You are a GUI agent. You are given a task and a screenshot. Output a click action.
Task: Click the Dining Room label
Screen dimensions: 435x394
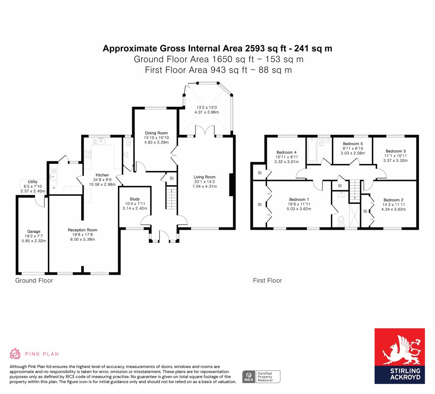pyautogui.click(x=156, y=133)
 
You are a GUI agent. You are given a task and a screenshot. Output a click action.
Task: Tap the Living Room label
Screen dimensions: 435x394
pyautogui.click(x=204, y=177)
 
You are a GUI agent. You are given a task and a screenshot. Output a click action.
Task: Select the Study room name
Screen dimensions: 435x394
pyautogui.click(x=135, y=199)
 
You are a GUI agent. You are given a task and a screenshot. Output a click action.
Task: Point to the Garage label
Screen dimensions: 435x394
pyautogui.click(x=34, y=231)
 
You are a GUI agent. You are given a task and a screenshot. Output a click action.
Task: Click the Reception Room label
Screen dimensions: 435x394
pyautogui.click(x=82, y=230)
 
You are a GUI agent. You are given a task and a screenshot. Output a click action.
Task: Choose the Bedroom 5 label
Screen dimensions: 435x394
pyautogui.click(x=353, y=144)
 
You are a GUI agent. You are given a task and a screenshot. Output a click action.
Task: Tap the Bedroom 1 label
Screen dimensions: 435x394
pyautogui.click(x=299, y=200)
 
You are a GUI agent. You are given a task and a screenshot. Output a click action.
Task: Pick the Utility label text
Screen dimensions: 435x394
pyautogui.click(x=33, y=182)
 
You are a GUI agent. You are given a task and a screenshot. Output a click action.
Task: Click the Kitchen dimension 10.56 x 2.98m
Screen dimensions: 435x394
pyautogui.click(x=102, y=184)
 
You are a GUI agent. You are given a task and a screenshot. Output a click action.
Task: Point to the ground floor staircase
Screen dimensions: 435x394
pyautogui.click(x=171, y=198)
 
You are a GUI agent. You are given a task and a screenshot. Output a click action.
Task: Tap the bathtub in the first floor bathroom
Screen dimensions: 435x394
pyautogui.click(x=312, y=151)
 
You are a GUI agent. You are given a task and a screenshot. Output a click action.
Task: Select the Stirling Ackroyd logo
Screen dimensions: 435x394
pyautogui.click(x=399, y=356)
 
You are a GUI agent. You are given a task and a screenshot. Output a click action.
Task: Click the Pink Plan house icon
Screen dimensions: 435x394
pyautogui.click(x=15, y=354)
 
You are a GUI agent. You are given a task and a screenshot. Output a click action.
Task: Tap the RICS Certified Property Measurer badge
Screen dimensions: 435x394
pyautogui.click(x=261, y=377)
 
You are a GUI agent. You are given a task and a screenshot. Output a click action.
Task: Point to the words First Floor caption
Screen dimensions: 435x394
pyautogui.click(x=268, y=281)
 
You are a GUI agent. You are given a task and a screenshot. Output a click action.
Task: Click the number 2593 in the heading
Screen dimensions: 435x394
pyautogui.click(x=255, y=48)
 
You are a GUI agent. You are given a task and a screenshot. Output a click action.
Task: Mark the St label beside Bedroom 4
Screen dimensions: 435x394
pyautogui.click(x=260, y=173)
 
